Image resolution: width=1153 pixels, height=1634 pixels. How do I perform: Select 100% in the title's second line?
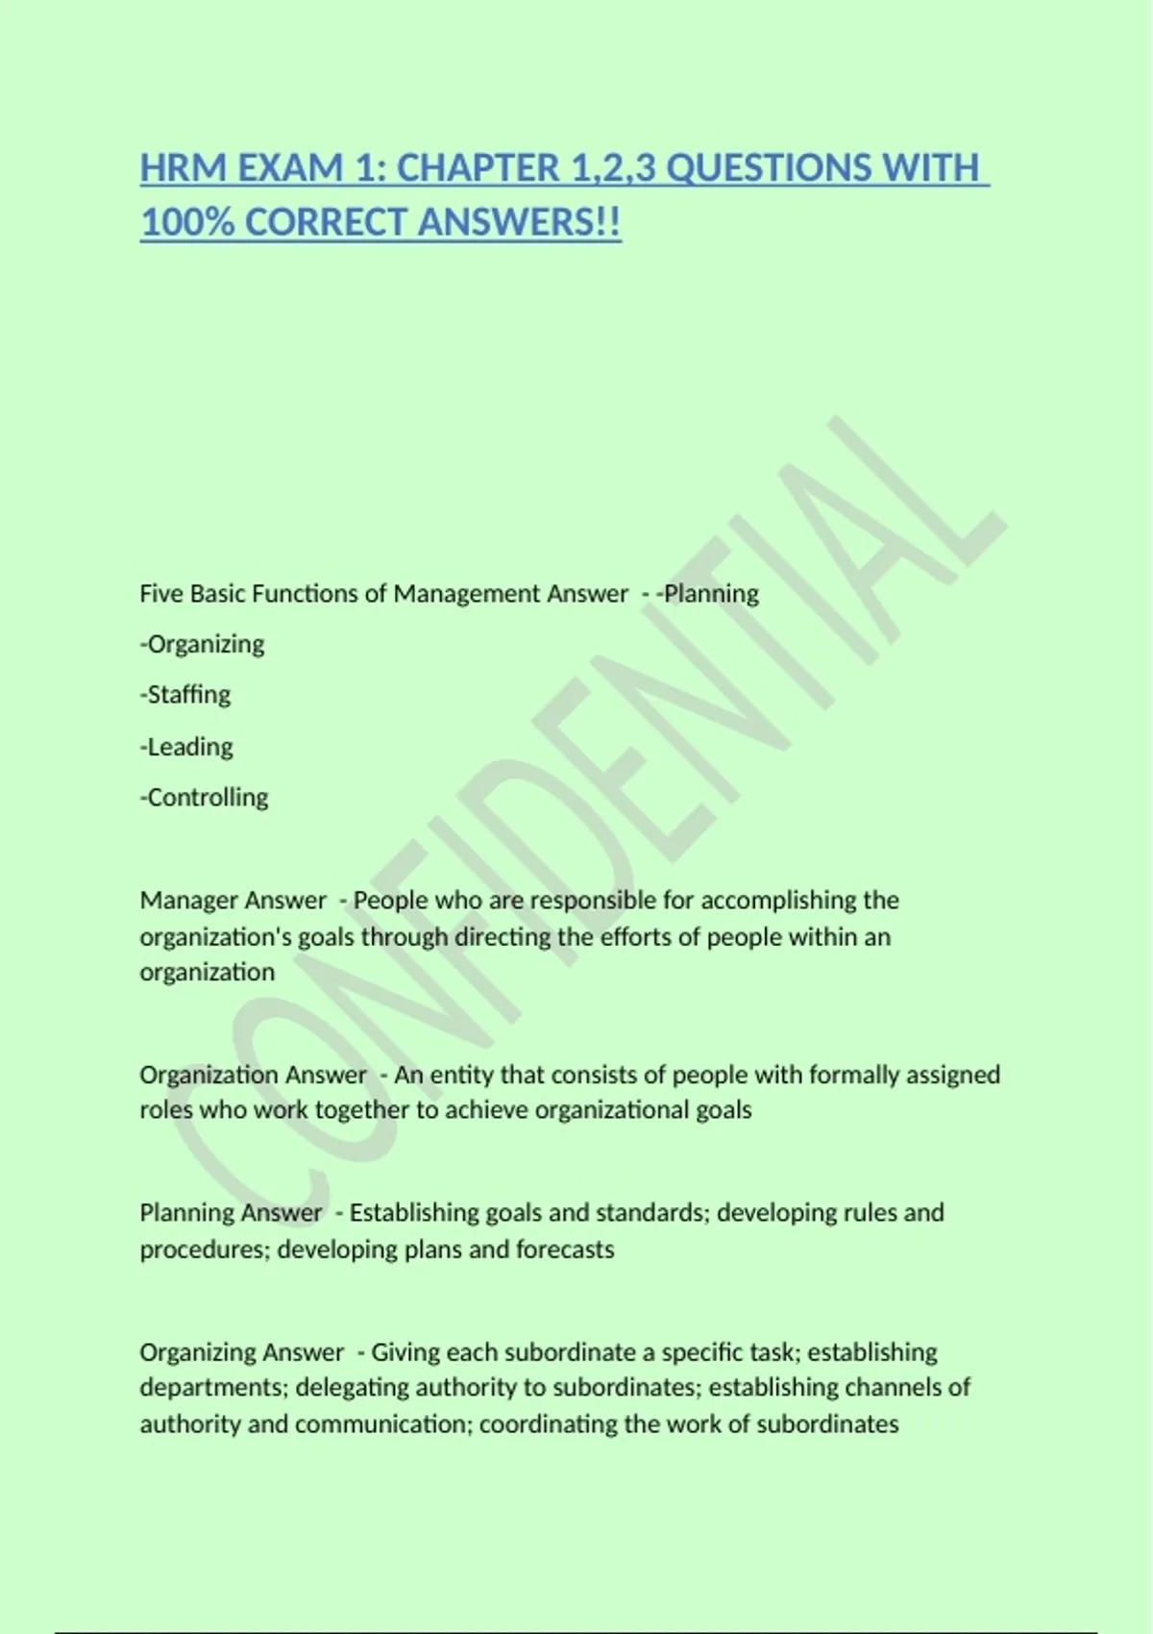(187, 223)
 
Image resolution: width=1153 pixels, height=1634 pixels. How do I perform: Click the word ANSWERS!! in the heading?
(520, 223)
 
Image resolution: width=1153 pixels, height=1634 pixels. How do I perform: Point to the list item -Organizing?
(203, 644)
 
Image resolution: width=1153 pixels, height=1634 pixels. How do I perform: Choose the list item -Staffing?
(185, 695)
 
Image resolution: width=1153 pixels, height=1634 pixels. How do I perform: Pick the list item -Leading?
(186, 747)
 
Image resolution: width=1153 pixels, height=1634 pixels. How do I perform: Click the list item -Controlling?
(205, 798)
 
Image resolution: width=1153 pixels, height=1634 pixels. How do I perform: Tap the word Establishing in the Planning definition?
(414, 1213)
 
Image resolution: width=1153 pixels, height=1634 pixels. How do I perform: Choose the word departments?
(214, 1388)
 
